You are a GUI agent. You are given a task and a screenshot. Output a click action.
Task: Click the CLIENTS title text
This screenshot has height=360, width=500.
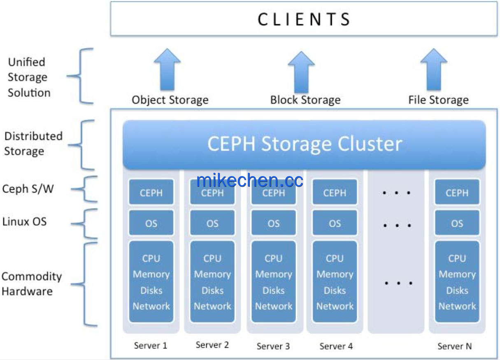(x=304, y=19)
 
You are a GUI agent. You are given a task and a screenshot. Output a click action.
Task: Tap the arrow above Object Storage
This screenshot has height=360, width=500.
(x=167, y=70)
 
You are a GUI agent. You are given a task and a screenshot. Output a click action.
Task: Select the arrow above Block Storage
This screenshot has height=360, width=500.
(x=301, y=72)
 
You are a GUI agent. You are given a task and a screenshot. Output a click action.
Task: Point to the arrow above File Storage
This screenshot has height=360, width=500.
(x=433, y=70)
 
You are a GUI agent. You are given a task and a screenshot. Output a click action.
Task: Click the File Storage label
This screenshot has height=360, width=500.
(x=438, y=100)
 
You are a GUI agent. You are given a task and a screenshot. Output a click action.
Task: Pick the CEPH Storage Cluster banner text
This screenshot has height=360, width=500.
(x=305, y=144)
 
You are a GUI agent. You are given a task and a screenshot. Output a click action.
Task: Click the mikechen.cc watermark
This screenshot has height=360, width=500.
(x=249, y=180)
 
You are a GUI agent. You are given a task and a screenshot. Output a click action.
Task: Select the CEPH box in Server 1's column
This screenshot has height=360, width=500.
(x=151, y=192)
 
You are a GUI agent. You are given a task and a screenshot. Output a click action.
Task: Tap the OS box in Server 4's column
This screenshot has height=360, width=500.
(x=335, y=223)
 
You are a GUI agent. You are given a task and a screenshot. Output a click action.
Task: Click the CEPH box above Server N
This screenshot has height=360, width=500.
(x=457, y=192)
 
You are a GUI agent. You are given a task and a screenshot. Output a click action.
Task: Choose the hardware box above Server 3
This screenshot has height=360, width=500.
(x=274, y=282)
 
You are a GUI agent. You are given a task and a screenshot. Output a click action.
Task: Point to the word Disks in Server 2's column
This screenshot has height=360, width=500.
(x=212, y=290)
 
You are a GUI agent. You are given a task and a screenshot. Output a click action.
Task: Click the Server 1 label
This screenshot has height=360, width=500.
(x=151, y=346)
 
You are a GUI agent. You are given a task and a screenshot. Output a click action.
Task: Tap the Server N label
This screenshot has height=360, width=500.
(x=455, y=346)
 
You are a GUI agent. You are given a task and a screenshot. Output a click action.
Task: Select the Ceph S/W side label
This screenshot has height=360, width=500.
(x=28, y=189)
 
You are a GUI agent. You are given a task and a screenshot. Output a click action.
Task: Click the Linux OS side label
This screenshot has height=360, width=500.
(x=24, y=222)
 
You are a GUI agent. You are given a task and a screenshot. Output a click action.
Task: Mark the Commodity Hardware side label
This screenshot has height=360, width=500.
(x=31, y=284)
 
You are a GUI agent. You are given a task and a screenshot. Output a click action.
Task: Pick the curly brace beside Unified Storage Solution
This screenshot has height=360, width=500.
(x=81, y=76)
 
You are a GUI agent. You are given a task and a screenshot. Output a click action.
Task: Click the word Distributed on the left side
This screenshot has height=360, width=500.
(x=33, y=136)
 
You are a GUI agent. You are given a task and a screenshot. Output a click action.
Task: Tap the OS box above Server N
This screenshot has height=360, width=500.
(x=457, y=223)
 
